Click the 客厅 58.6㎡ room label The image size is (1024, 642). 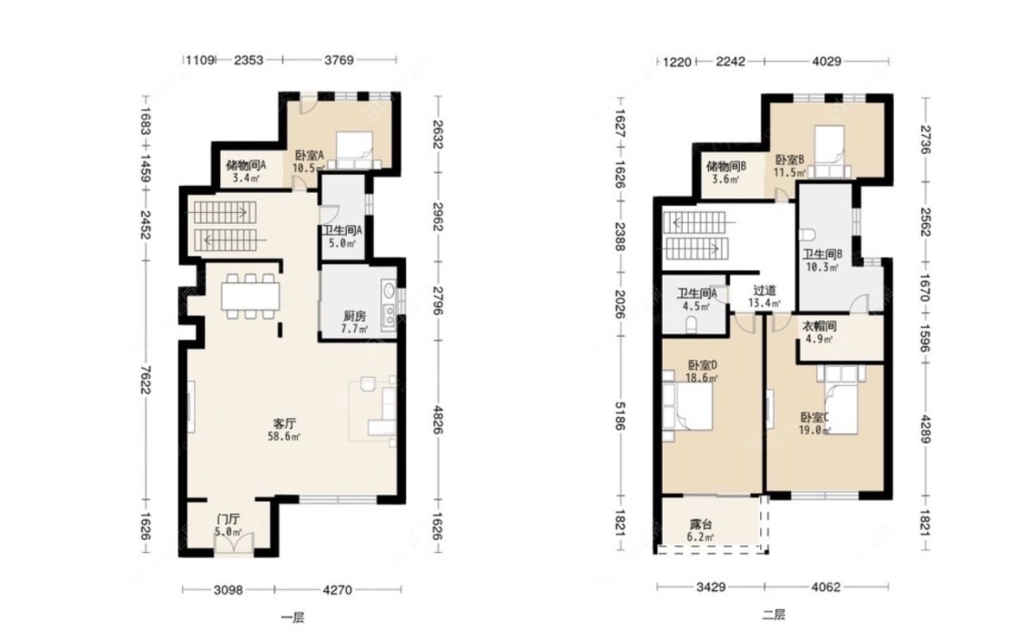(284, 431)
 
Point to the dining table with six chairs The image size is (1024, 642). (250, 296)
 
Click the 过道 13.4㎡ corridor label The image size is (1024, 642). (764, 297)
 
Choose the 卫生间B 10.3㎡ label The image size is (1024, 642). (822, 260)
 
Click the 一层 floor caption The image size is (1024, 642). (292, 617)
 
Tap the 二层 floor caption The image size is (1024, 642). (774, 615)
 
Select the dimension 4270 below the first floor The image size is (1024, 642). (338, 590)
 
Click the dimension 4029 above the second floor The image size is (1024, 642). (826, 61)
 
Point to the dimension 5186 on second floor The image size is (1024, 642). (620, 414)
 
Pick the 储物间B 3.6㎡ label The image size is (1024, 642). (725, 172)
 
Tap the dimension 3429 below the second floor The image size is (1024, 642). (711, 587)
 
